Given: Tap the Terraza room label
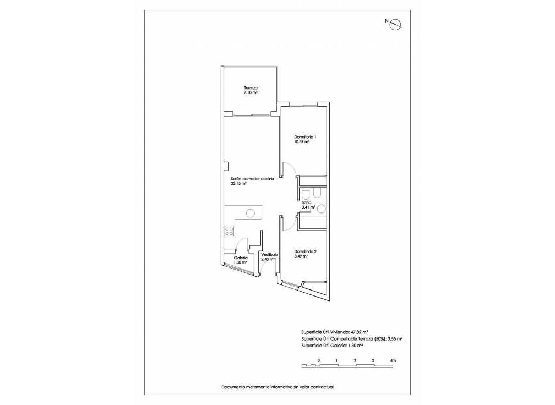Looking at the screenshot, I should (x=251, y=88).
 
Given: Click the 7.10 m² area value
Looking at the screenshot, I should (x=251, y=93).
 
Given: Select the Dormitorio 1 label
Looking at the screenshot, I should (x=305, y=136).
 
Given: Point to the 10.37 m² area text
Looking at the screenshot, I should (x=302, y=141).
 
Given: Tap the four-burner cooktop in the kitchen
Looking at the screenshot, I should (x=230, y=232).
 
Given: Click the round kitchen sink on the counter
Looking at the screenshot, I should (x=251, y=213).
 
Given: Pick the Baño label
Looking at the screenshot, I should (x=307, y=202).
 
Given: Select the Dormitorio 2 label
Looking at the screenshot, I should (x=305, y=251).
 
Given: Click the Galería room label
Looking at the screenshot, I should (x=241, y=258).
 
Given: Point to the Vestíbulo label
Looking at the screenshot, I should (x=269, y=254).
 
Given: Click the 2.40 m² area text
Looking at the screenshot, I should (x=269, y=259).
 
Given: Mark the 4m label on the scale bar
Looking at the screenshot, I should (x=393, y=360).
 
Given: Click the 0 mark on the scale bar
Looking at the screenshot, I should (x=318, y=360).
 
